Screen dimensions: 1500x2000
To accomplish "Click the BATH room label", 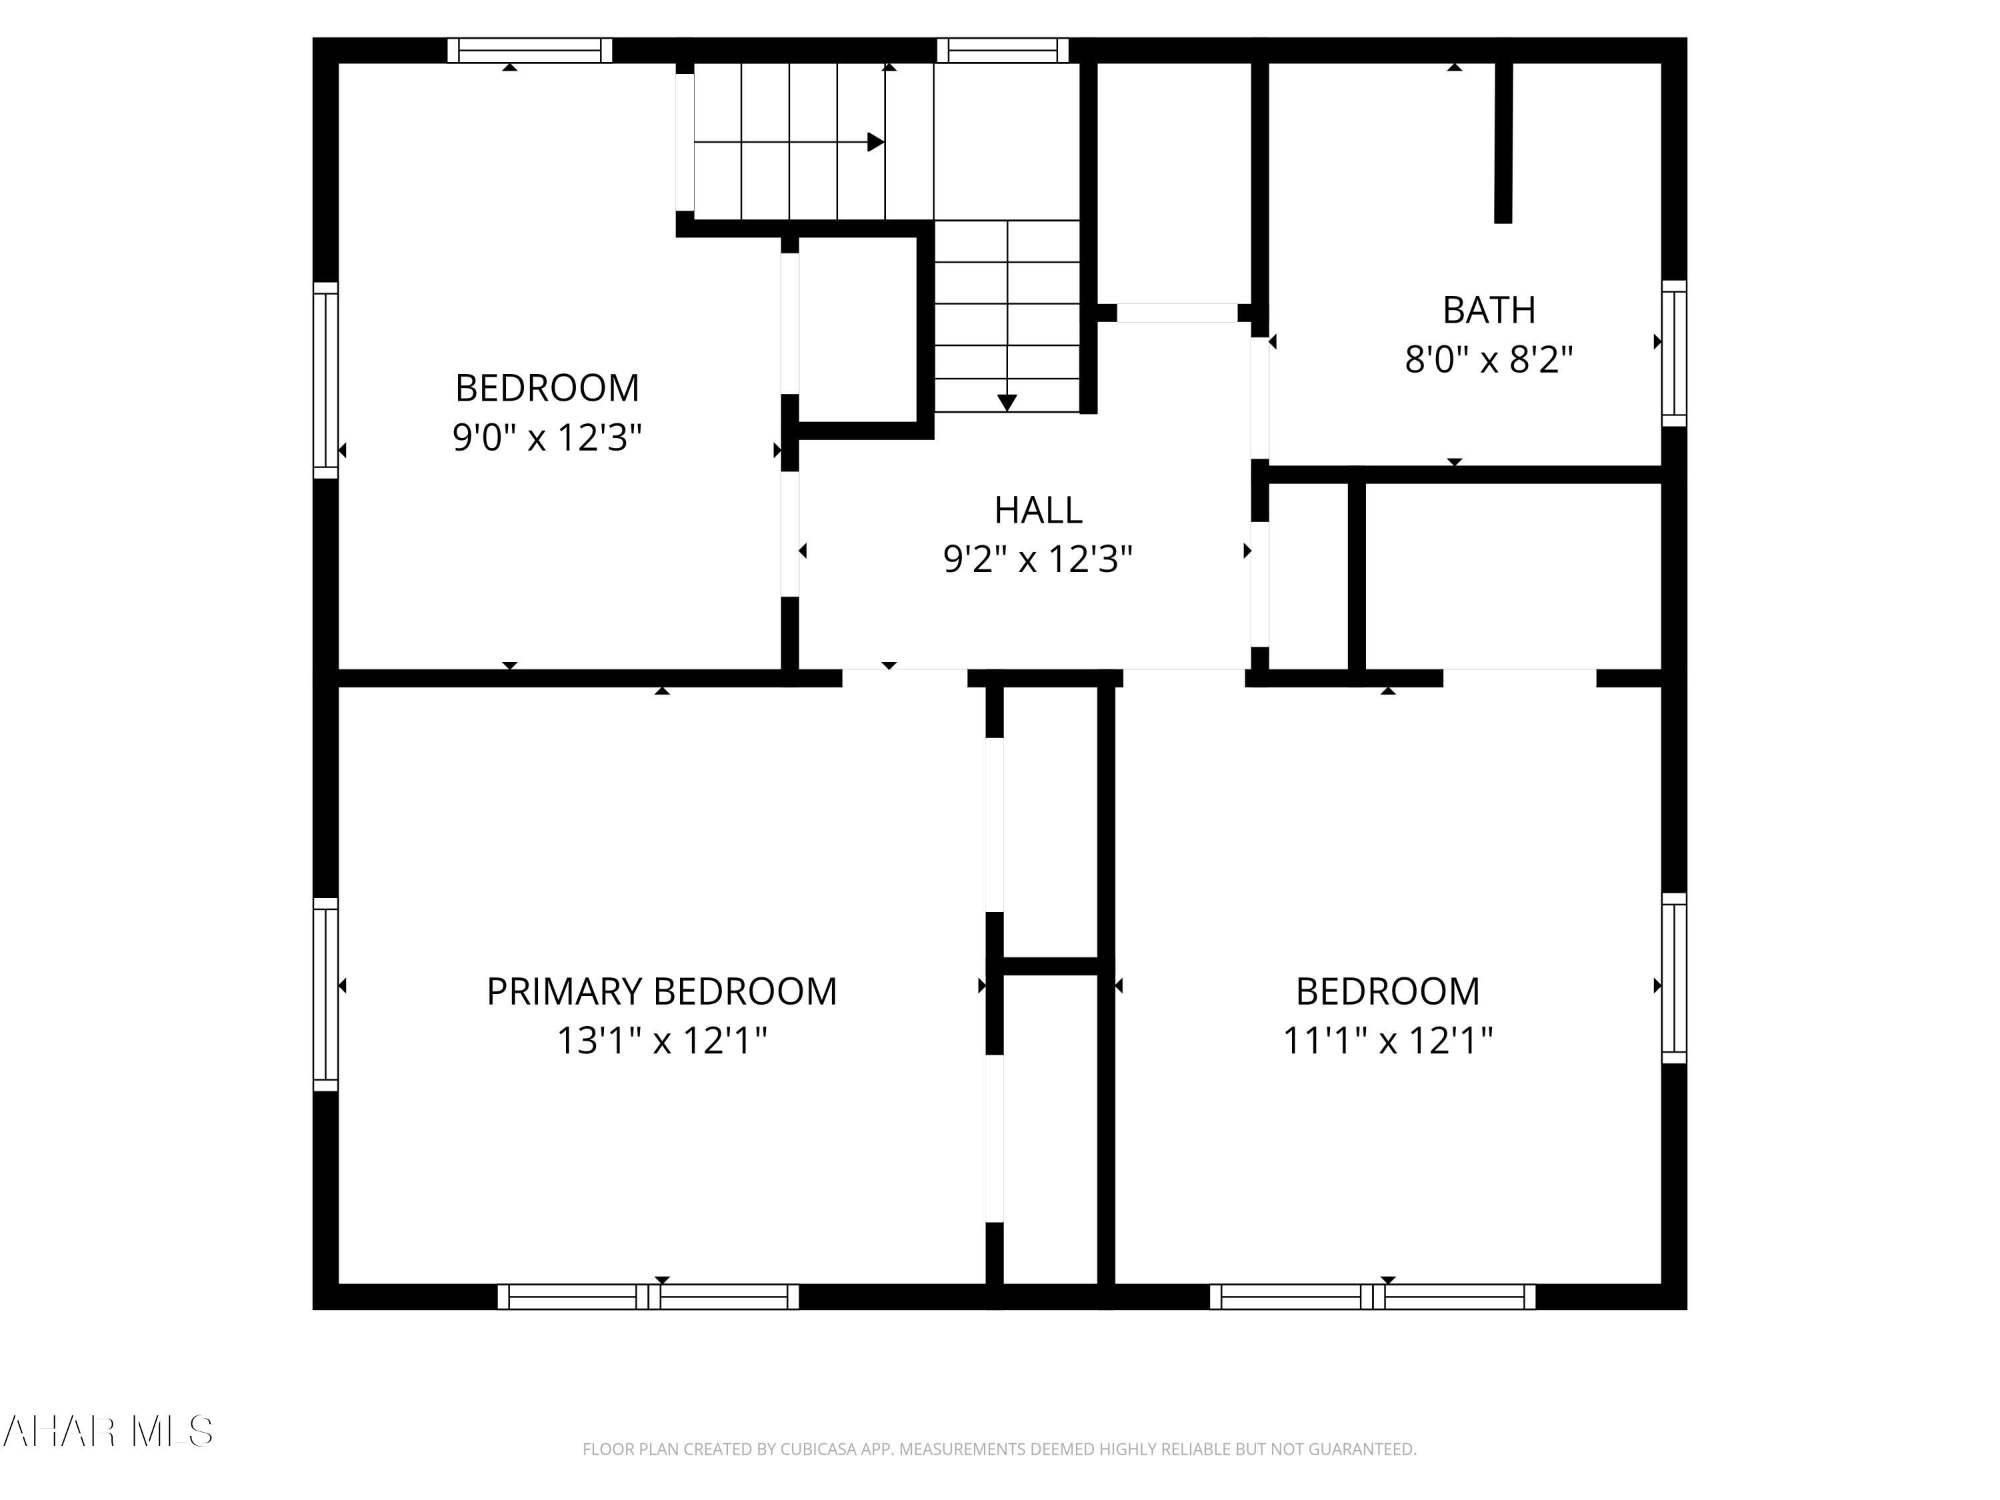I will (1488, 310).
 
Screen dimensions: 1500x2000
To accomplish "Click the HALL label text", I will (1037, 510).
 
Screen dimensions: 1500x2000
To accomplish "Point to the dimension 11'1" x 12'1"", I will (1387, 1041).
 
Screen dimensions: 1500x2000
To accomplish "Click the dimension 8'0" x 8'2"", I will (1488, 360).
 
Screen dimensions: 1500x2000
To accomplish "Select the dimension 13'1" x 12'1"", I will (661, 1041).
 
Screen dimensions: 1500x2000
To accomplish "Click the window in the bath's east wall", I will (1673, 353).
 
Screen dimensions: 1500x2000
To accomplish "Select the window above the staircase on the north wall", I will (1002, 50).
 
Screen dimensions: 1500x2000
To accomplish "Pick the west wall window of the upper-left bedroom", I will (325, 380).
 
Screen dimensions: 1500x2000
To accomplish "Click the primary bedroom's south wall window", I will (647, 1297).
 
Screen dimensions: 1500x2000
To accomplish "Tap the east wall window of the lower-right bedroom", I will (1673, 978).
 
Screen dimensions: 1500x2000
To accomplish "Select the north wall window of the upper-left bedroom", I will (530, 50).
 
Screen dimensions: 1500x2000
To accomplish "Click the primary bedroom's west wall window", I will (325, 994).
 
